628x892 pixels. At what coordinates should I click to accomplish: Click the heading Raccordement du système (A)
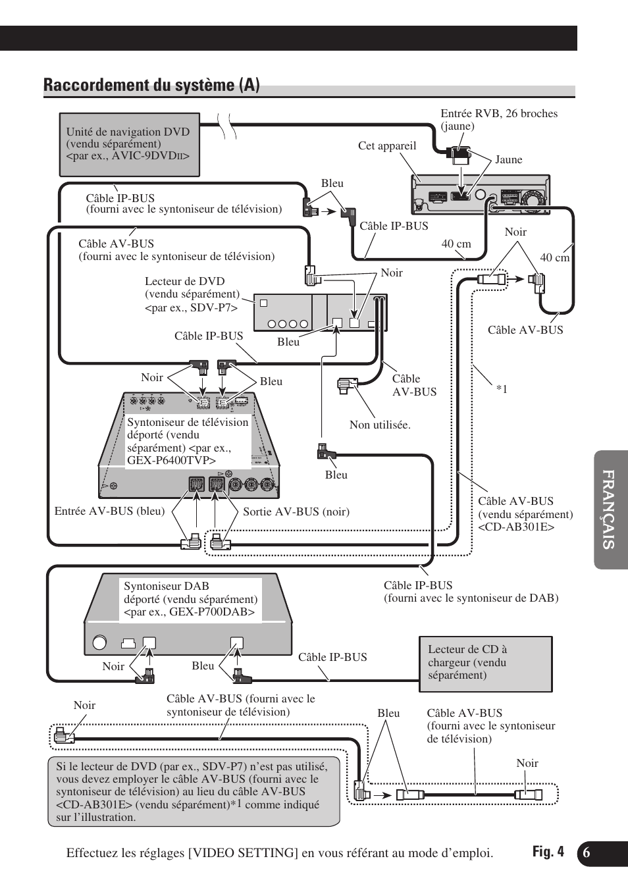tap(151, 85)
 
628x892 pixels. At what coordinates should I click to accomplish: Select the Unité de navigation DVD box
tap(129, 144)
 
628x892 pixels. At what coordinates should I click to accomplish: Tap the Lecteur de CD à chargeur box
tap(485, 663)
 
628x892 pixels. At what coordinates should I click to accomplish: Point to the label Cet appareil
tap(387, 146)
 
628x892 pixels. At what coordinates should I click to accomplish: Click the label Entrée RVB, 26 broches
tap(498, 114)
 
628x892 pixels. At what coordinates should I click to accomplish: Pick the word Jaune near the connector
tap(508, 160)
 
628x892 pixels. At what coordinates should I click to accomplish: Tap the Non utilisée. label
tap(380, 425)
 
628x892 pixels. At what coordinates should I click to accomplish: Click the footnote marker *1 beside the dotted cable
tap(502, 390)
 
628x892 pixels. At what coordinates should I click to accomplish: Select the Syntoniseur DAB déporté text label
tap(190, 599)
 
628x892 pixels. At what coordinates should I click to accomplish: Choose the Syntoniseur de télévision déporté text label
tap(188, 441)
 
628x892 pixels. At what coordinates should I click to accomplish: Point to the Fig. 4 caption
tap(548, 852)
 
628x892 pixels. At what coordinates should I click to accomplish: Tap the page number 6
tap(587, 853)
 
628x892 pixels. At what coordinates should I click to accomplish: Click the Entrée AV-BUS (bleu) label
tap(109, 512)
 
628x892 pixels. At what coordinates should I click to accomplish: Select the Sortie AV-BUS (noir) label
tap(296, 512)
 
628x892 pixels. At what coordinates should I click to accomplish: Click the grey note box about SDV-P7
tap(194, 792)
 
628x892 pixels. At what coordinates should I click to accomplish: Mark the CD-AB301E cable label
tap(525, 514)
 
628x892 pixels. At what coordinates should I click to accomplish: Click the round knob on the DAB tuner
tap(100, 643)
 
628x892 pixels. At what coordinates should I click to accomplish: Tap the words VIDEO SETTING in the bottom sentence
tap(243, 853)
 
